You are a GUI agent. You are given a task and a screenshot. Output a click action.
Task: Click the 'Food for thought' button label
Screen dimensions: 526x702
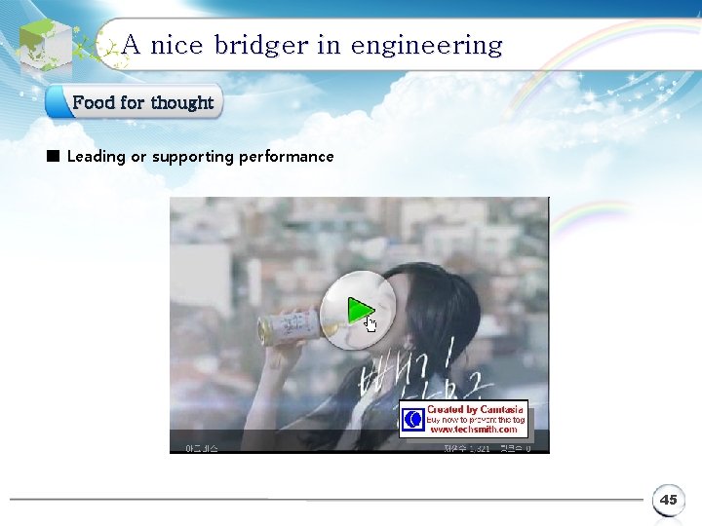click(x=142, y=102)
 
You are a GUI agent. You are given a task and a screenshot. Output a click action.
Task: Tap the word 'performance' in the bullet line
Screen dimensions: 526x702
click(x=286, y=157)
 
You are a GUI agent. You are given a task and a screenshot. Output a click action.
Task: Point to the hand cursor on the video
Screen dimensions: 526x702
click(x=370, y=323)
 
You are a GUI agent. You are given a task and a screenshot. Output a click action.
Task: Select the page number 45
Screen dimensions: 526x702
click(x=668, y=500)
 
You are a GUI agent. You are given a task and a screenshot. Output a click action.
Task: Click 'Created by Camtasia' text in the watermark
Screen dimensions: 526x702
click(x=475, y=410)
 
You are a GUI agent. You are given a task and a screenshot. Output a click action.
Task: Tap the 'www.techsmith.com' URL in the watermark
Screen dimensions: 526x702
click(x=474, y=430)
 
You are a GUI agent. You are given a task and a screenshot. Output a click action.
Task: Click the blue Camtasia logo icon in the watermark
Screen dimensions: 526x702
click(x=413, y=420)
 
